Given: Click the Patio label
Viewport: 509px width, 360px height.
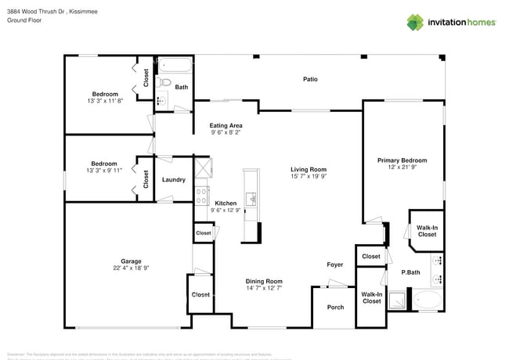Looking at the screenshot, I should pos(310,79).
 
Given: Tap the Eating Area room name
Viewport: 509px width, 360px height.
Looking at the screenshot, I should pos(226,125).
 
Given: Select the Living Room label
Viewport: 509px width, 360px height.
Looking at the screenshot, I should pos(308,169).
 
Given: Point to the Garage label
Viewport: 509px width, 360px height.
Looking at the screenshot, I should pos(131,261).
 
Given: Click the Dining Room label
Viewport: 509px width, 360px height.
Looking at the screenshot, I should pos(263,281).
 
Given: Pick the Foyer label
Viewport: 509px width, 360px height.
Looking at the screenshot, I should pos(334,265).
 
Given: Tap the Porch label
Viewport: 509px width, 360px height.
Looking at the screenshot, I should pos(335,308).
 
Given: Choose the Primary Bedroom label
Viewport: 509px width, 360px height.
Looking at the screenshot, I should pos(402,160).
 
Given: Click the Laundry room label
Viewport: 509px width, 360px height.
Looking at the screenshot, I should pos(173,179).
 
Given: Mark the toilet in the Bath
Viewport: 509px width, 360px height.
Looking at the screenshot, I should pos(164,81).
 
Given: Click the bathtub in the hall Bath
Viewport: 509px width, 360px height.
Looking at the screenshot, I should pos(173,63).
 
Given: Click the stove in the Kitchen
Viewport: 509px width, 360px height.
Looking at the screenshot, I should pos(202,195).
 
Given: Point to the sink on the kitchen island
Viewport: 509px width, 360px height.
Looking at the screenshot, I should pos(251,200).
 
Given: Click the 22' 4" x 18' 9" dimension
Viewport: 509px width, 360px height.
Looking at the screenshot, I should pos(131,268).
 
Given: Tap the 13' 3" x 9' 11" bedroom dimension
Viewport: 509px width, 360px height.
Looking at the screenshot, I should pos(103,170).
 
